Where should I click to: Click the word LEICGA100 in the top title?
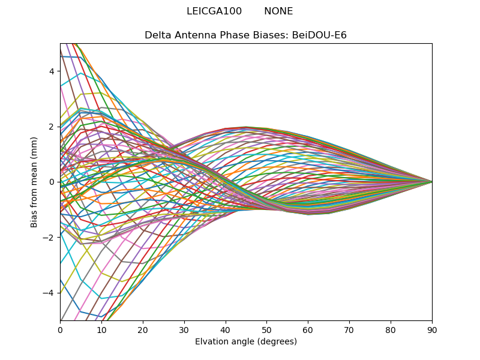(x=214, y=11)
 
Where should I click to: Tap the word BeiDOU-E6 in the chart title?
(x=319, y=35)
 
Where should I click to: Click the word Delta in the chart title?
(x=157, y=35)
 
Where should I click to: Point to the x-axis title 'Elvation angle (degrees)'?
(x=246, y=342)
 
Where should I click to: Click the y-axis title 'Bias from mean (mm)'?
(x=34, y=182)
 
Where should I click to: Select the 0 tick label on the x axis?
(x=60, y=329)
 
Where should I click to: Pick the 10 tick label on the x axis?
(x=101, y=329)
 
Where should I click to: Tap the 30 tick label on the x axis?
(x=184, y=329)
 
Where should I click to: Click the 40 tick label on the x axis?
(x=226, y=329)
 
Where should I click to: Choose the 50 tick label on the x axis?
(x=266, y=329)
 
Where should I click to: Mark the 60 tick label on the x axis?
(x=308, y=329)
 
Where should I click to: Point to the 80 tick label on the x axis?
(x=391, y=329)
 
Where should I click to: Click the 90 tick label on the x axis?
(x=432, y=329)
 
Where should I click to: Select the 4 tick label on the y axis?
(x=52, y=71)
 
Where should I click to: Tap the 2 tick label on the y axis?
(x=52, y=127)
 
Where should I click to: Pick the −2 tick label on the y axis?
(x=49, y=237)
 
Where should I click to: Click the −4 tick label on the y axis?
(x=49, y=293)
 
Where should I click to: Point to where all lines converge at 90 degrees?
(x=431, y=182)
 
